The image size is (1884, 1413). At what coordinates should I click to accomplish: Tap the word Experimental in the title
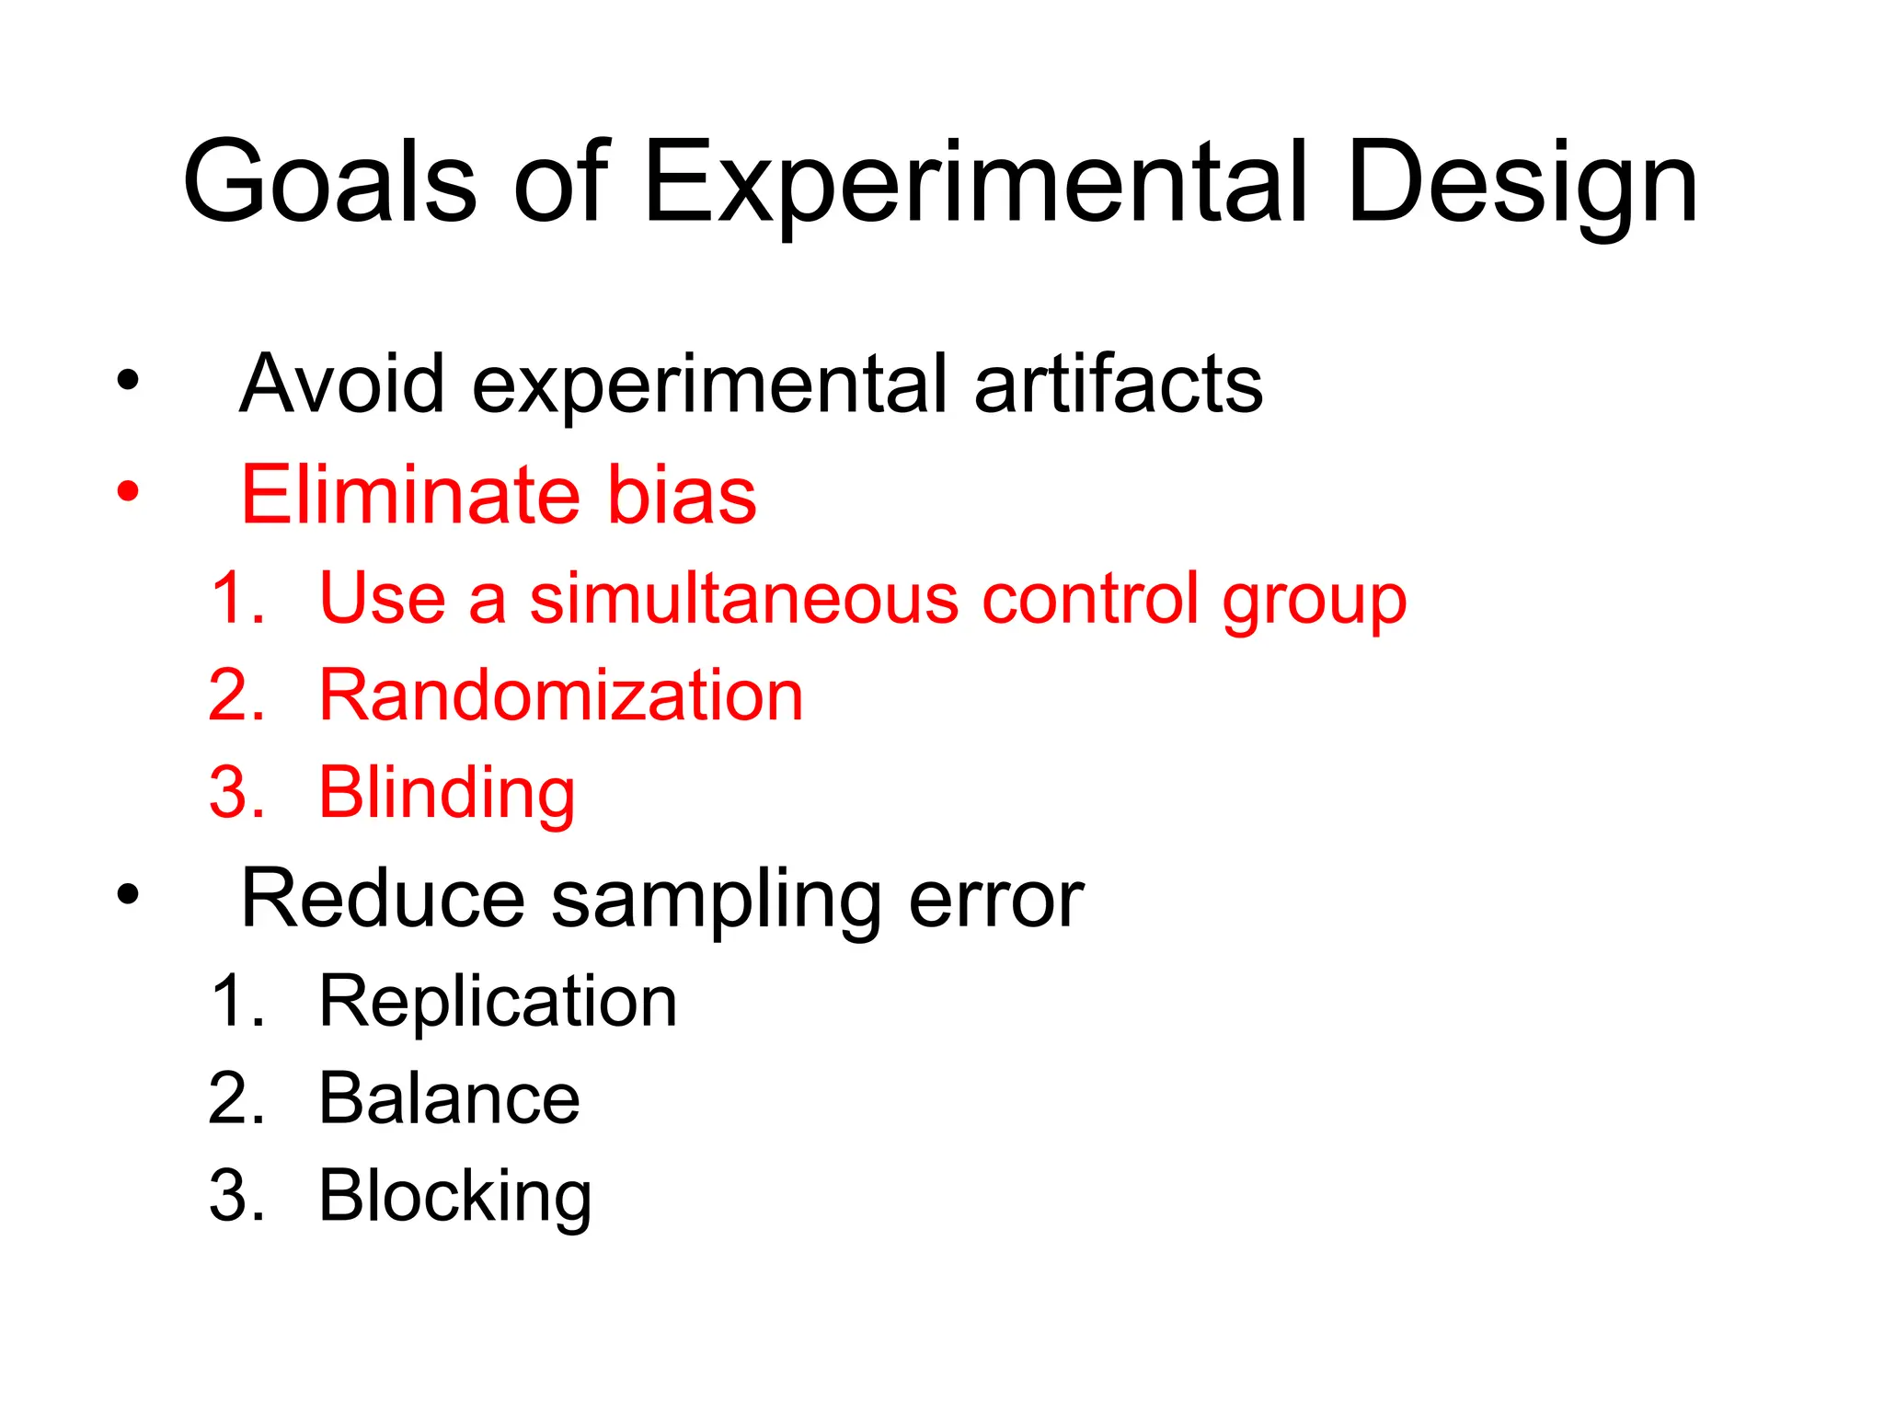point(976,184)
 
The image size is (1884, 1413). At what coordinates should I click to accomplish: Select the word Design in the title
point(1522,184)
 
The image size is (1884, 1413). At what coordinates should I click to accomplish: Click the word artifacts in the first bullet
point(1118,384)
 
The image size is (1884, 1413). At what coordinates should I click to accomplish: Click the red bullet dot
point(128,491)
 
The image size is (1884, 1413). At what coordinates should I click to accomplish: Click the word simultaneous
point(744,599)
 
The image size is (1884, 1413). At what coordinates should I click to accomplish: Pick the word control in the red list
point(1089,599)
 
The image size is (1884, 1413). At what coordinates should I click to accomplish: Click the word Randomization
point(561,695)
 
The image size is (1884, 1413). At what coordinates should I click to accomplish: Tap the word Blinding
point(447,793)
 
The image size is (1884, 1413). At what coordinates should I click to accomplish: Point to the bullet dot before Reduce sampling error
point(128,894)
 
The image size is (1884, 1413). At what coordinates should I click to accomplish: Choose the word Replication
point(498,1002)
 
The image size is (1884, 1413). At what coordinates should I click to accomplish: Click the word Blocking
point(455,1198)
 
